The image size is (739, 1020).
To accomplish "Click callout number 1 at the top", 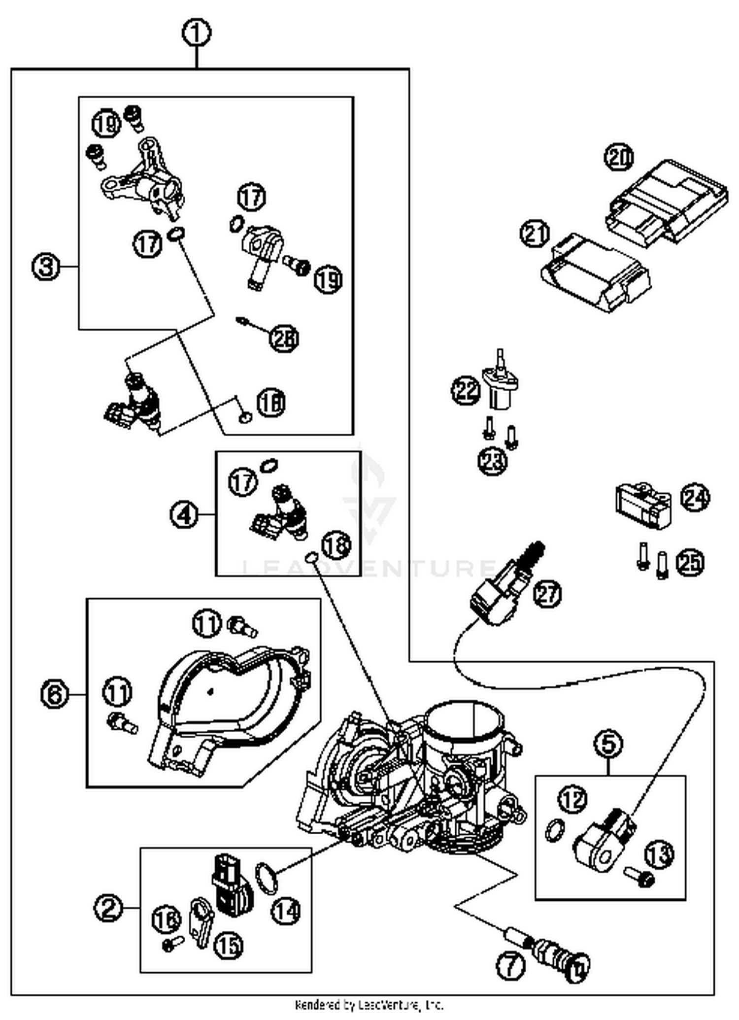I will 197,34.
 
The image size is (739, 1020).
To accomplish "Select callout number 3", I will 45,267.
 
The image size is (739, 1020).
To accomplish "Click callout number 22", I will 466,390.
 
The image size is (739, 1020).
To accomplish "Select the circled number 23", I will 493,462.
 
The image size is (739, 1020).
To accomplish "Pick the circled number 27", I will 547,594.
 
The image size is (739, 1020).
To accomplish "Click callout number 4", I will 184,515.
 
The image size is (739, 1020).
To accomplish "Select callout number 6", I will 54,695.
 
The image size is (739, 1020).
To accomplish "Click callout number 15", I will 229,945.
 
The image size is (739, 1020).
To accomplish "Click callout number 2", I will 109,908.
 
